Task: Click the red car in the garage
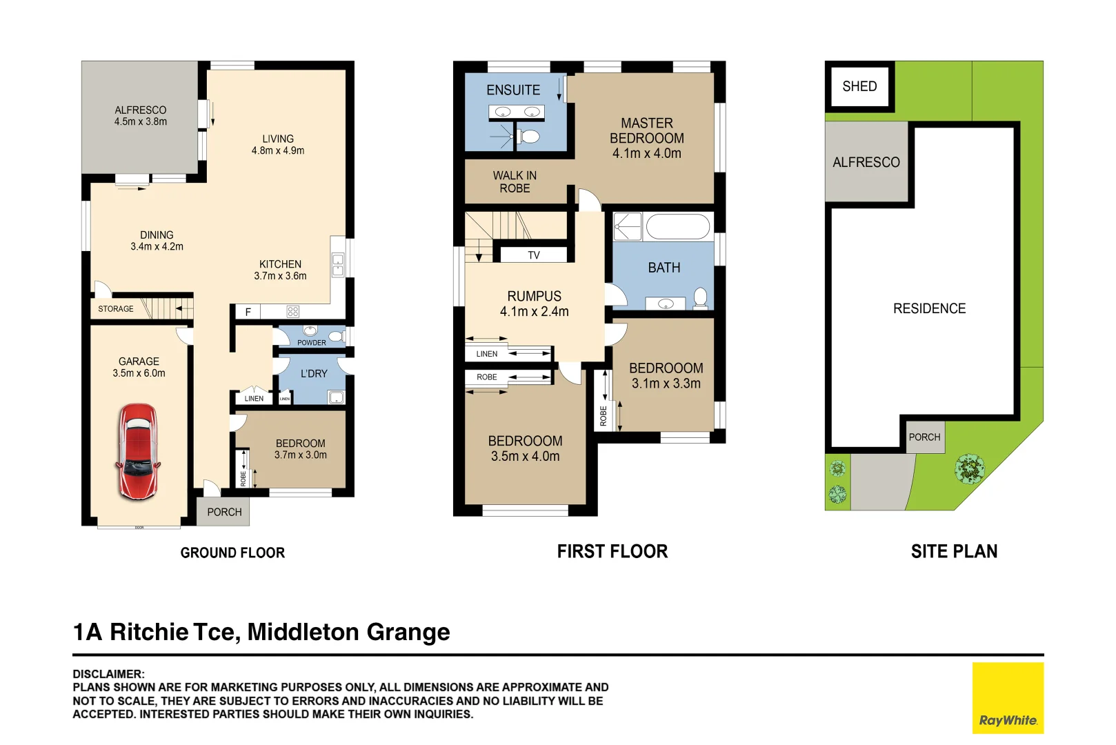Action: click(x=138, y=452)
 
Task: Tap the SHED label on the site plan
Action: click(x=859, y=87)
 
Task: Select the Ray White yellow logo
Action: click(x=1008, y=697)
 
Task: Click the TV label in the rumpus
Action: click(x=534, y=255)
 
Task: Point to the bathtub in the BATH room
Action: click(x=678, y=226)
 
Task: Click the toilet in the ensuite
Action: click(x=530, y=136)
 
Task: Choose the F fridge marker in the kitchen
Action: click(x=248, y=312)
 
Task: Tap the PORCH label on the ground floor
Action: click(x=224, y=513)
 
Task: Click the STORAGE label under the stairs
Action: click(x=116, y=309)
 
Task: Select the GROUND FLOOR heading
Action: click(x=232, y=553)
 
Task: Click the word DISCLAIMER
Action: click(x=108, y=674)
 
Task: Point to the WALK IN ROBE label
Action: click(x=515, y=182)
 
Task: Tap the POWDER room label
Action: click(x=312, y=343)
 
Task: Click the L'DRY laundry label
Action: click(x=314, y=374)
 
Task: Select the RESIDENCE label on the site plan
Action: click(x=929, y=309)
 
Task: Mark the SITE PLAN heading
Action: click(x=954, y=552)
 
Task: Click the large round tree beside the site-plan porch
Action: click(x=969, y=469)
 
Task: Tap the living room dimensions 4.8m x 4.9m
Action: click(x=278, y=151)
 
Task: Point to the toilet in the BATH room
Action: click(x=701, y=297)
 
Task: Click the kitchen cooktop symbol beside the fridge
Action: click(x=293, y=312)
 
